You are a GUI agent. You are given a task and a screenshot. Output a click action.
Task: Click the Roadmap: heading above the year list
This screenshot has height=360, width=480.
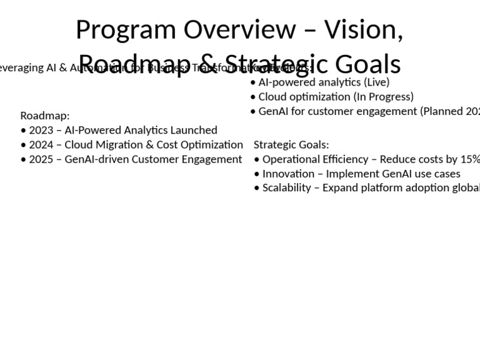(45, 116)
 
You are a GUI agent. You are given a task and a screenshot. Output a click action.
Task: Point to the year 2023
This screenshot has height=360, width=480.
(41, 130)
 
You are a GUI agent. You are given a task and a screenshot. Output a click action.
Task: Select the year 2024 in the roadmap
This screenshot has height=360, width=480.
(41, 144)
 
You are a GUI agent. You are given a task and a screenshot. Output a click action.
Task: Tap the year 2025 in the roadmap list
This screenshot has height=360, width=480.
(41, 159)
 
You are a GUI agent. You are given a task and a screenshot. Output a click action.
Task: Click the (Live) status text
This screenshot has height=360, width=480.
(376, 82)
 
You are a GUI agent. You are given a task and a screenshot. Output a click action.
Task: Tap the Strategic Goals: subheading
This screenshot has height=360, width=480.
(291, 145)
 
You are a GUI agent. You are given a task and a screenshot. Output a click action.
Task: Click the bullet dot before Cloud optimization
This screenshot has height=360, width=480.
(252, 97)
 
